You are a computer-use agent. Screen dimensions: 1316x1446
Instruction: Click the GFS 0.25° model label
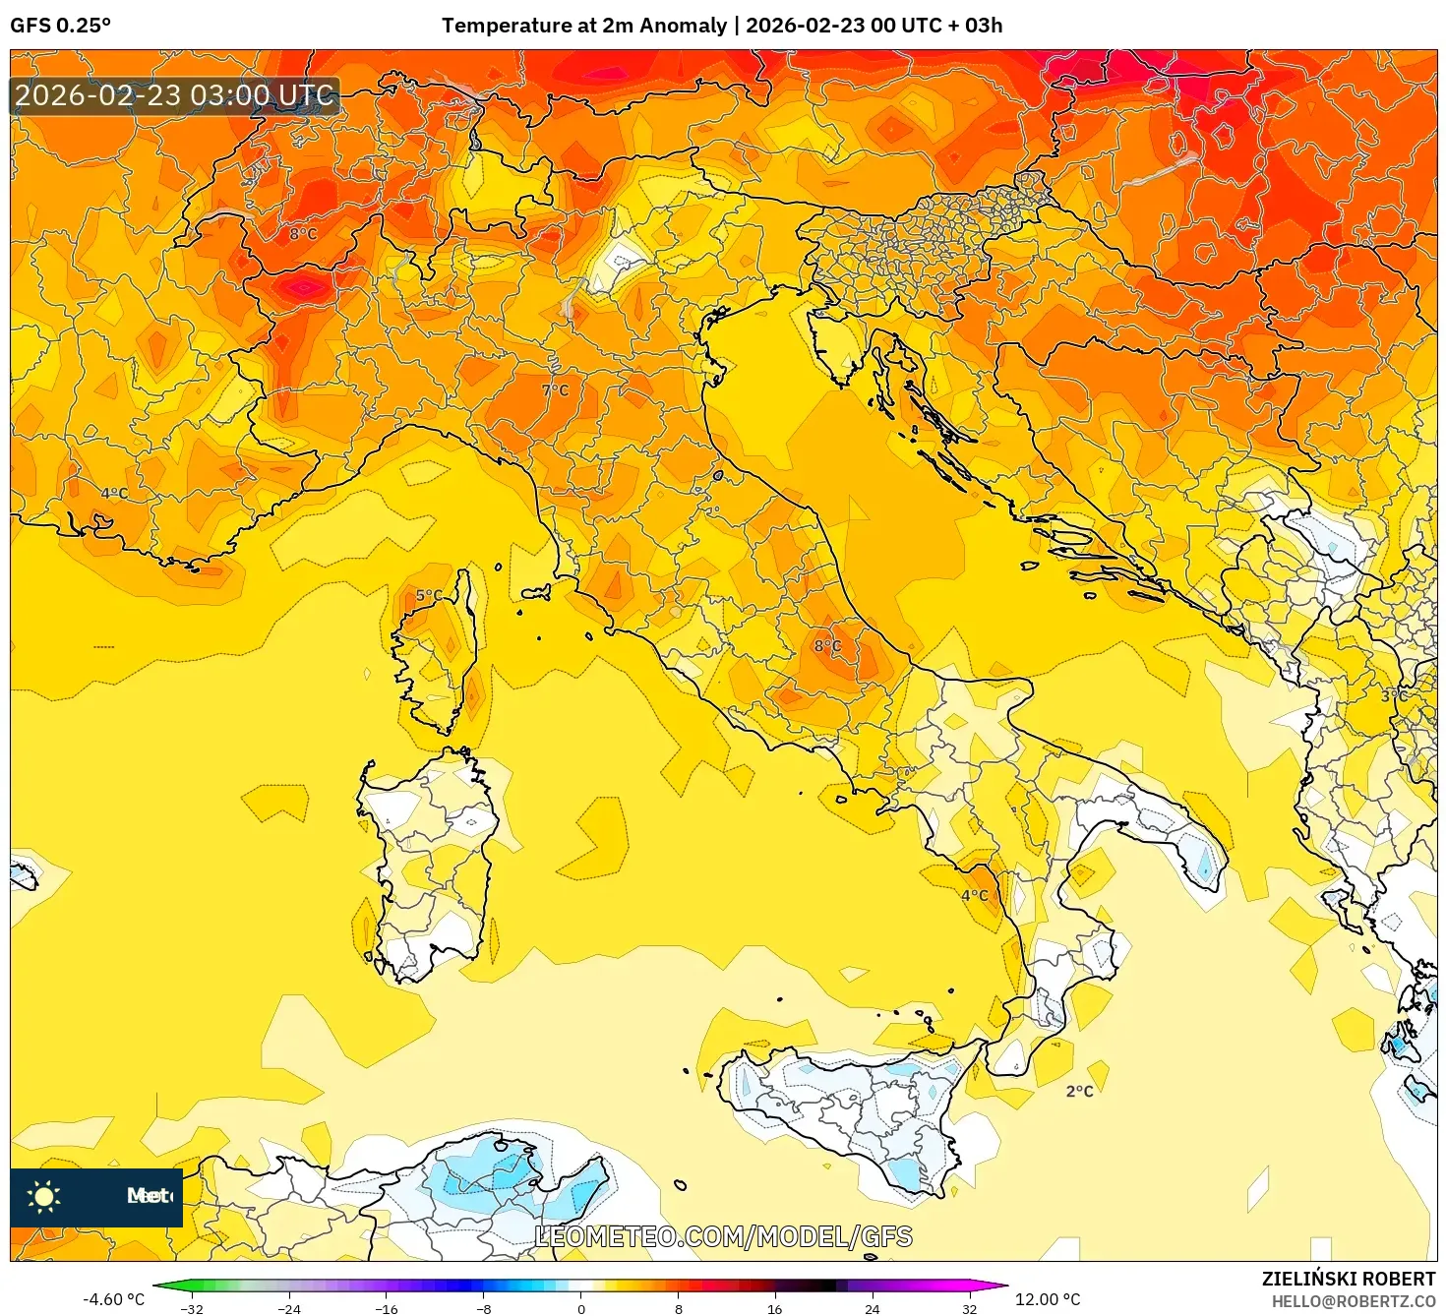click(x=60, y=26)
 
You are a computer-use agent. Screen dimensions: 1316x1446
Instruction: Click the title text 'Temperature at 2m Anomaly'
click(x=583, y=26)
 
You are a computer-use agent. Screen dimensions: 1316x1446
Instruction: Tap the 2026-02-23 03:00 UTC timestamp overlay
click(x=174, y=95)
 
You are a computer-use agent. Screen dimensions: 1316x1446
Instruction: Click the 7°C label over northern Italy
click(x=556, y=390)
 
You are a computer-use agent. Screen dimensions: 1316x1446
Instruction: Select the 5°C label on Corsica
click(x=429, y=595)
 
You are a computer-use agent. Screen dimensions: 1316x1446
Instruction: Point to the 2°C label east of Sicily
click(x=1079, y=1091)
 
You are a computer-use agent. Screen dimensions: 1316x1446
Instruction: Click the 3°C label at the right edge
click(x=1394, y=695)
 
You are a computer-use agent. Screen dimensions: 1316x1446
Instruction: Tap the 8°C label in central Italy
click(x=827, y=646)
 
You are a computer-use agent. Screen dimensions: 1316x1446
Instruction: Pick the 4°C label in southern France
click(x=115, y=494)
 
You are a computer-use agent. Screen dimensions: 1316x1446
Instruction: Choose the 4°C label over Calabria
click(x=975, y=895)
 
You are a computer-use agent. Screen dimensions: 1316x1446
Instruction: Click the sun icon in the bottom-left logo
click(x=44, y=1196)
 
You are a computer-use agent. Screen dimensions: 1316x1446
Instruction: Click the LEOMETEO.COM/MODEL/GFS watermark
click(x=723, y=1236)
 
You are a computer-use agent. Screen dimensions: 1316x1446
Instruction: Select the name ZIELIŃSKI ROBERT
click(x=1349, y=1279)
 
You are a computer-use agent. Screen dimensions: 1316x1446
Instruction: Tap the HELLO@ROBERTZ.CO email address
click(x=1354, y=1301)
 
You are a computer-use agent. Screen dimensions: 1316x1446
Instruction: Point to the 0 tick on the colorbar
click(x=581, y=1308)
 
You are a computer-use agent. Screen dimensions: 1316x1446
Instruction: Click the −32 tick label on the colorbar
click(x=192, y=1308)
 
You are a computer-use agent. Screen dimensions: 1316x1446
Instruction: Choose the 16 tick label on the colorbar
click(x=775, y=1308)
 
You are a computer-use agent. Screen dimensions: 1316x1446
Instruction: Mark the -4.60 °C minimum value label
click(x=113, y=1299)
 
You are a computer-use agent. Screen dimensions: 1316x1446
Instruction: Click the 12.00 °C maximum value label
click(x=1048, y=1299)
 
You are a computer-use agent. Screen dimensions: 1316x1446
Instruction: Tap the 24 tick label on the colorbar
click(x=872, y=1308)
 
